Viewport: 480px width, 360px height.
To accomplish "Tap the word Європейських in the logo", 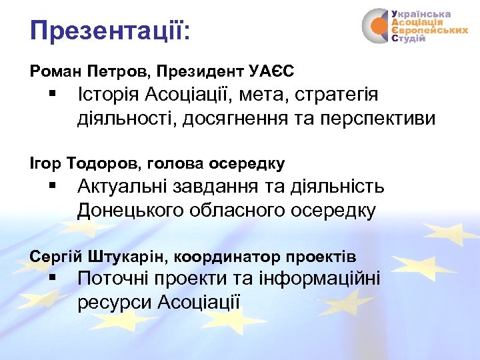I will pos(429,31).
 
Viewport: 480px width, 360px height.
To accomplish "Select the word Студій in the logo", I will pos(408,39).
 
